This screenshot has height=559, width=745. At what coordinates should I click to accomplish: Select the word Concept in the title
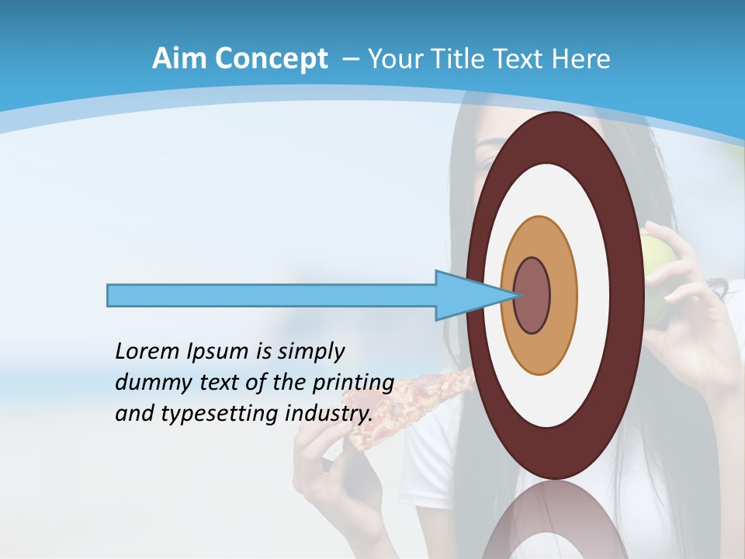[x=271, y=59]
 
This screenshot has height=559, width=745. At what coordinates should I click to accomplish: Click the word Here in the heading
[x=581, y=59]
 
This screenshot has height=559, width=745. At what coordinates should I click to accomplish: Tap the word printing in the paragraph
[x=352, y=384]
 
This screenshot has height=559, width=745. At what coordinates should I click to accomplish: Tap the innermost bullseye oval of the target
[x=533, y=295]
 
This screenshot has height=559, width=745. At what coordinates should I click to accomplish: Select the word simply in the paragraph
[x=310, y=352]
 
